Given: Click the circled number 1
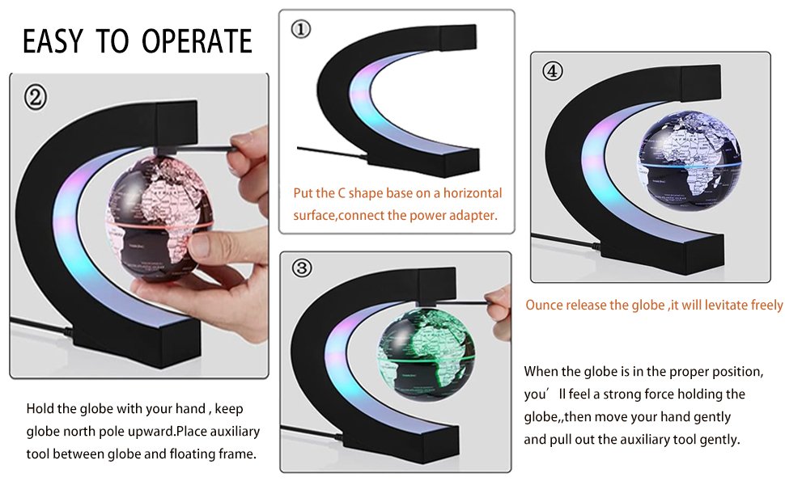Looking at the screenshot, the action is pyautogui.click(x=301, y=29).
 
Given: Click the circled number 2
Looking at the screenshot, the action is pyautogui.click(x=35, y=97).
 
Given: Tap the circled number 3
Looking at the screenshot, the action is pyautogui.click(x=301, y=268).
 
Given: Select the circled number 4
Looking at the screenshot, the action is pyautogui.click(x=552, y=71).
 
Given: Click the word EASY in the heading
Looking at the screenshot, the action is pyautogui.click(x=53, y=41).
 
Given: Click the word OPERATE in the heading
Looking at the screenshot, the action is pyautogui.click(x=197, y=41).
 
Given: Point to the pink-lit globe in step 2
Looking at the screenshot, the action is pyautogui.click(x=159, y=218).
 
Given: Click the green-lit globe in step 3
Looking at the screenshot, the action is pyautogui.click(x=426, y=355).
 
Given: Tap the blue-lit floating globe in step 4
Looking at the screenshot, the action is pyautogui.click(x=689, y=160).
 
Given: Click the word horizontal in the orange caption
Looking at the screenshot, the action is pyautogui.click(x=472, y=193).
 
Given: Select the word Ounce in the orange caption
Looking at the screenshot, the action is pyautogui.click(x=545, y=305).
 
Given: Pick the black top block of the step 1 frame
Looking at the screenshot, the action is pyautogui.click(x=457, y=36).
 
